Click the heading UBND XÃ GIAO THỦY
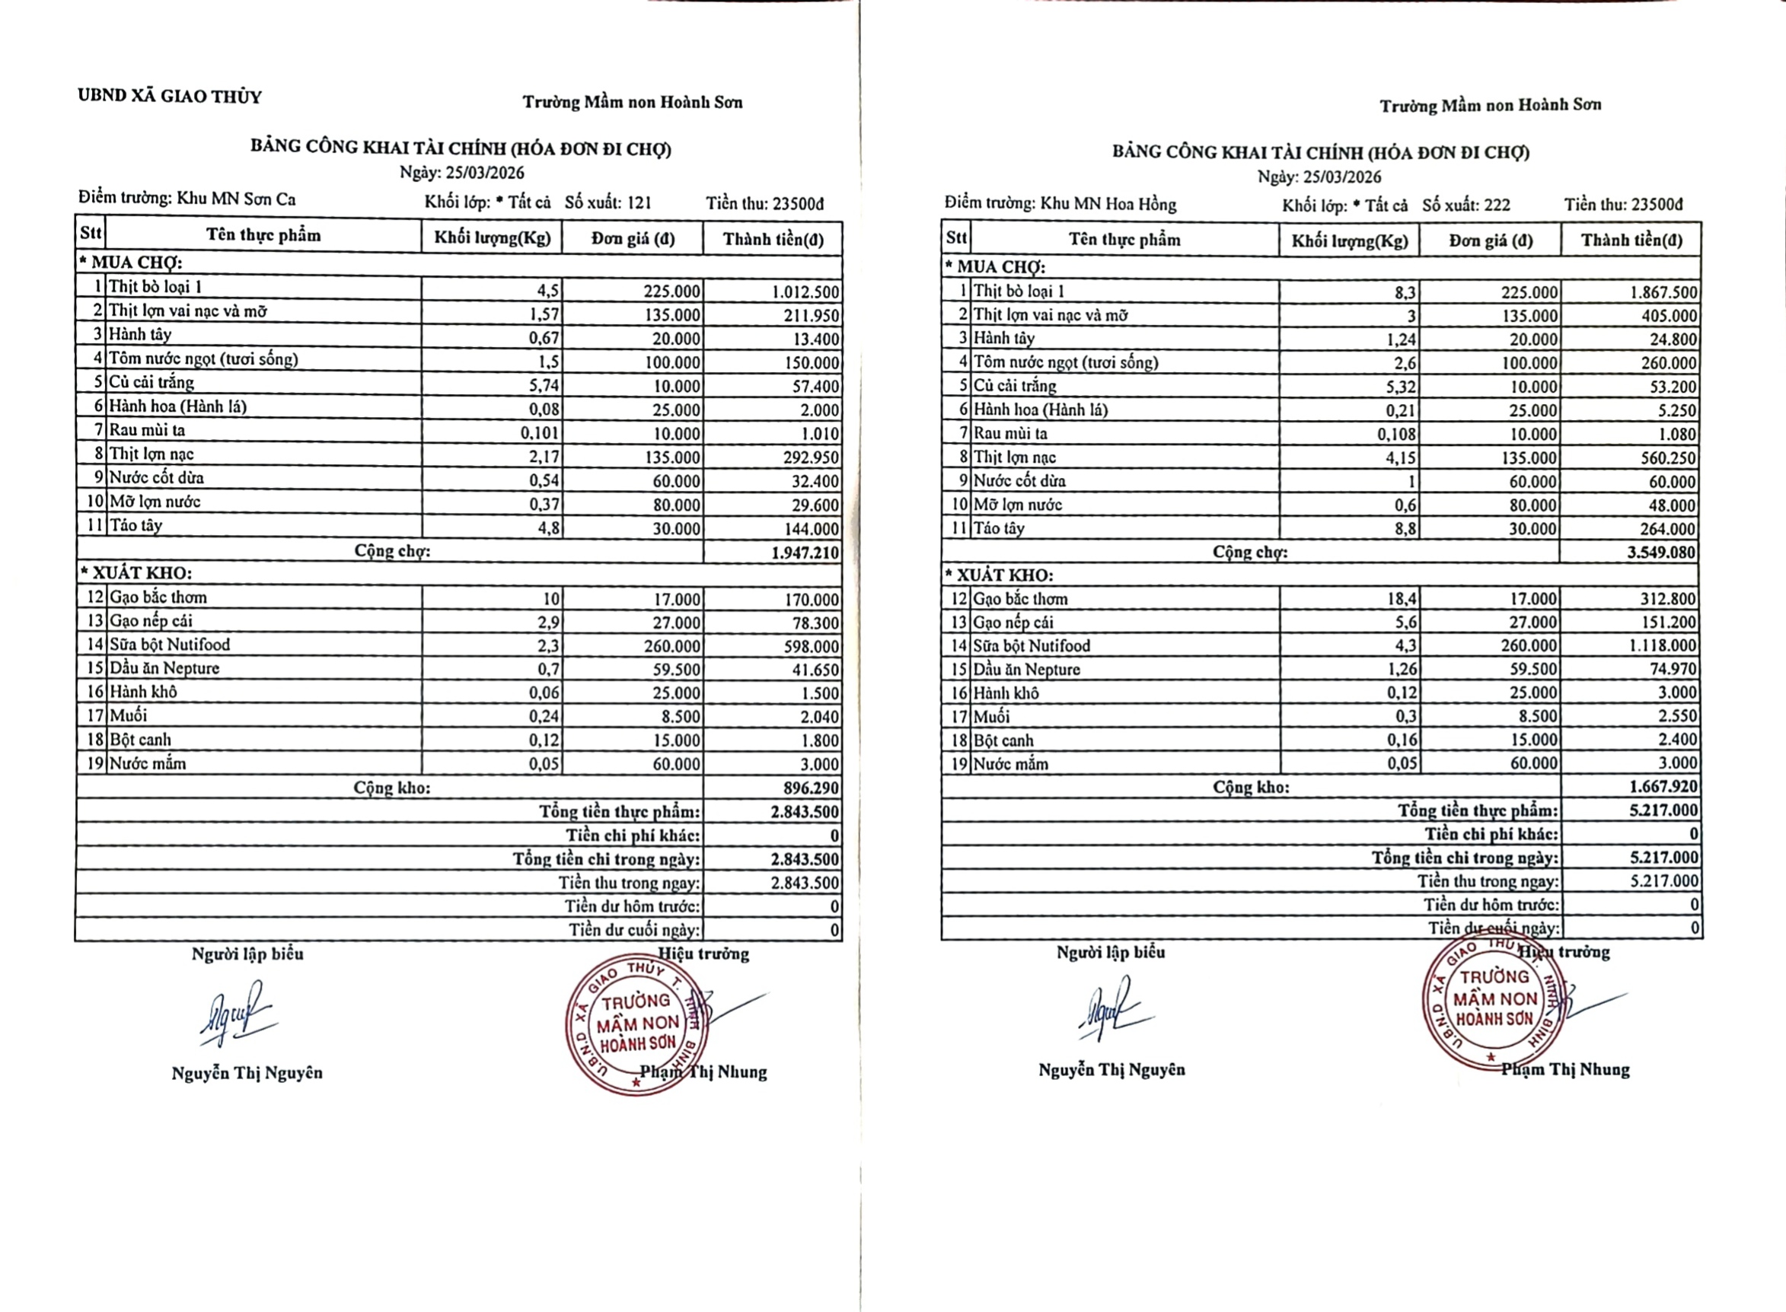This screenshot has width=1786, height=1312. tap(169, 97)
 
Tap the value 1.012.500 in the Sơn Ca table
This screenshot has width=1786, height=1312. tap(805, 291)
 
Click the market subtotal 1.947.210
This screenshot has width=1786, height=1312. tap(805, 553)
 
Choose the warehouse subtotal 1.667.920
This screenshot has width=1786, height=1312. tap(1663, 786)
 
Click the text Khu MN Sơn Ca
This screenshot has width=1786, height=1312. tap(236, 199)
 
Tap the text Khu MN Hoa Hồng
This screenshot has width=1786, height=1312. tap(1108, 203)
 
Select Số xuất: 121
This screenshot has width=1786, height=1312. tap(608, 202)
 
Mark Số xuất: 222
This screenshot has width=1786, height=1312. tap(1465, 205)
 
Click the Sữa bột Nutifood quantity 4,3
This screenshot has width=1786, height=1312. tap(1405, 645)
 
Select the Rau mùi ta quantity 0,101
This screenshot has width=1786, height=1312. tap(541, 434)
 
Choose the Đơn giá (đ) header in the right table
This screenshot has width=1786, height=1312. tap(1491, 240)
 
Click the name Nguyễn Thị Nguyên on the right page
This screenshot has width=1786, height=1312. tap(1111, 1070)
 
